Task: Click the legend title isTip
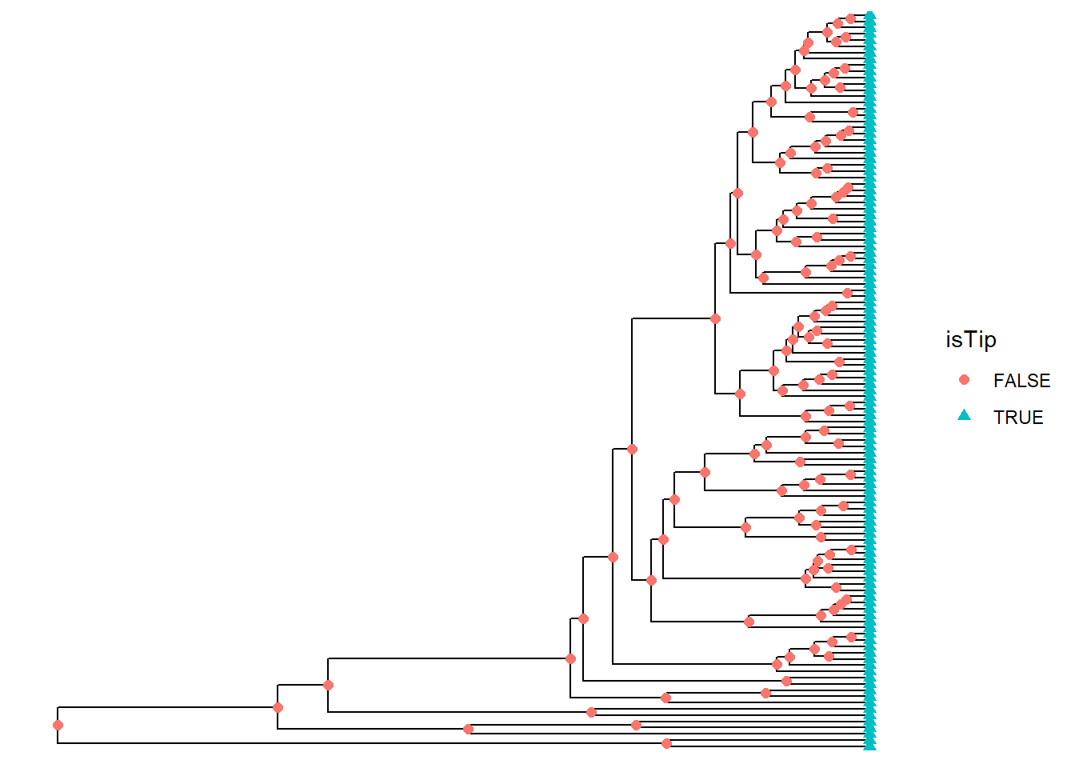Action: click(970, 340)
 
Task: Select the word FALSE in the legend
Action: click(1021, 381)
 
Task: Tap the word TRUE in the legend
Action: click(1017, 418)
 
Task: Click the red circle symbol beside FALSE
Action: click(964, 380)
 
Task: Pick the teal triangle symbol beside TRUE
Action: click(964, 415)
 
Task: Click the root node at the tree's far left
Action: click(58, 726)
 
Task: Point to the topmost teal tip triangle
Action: click(870, 16)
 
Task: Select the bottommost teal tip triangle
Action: click(870, 746)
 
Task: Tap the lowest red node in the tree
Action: click(666, 744)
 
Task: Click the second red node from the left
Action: click(278, 708)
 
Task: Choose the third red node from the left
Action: click(328, 686)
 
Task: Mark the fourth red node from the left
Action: click(468, 729)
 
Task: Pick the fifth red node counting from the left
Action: click(570, 659)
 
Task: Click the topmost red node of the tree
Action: click(851, 18)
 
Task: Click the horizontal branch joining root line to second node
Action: click(168, 708)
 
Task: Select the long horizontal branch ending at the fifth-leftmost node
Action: click(448, 659)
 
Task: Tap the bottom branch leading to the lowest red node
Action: click(360, 744)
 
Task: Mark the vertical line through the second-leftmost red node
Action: click(278, 696)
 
